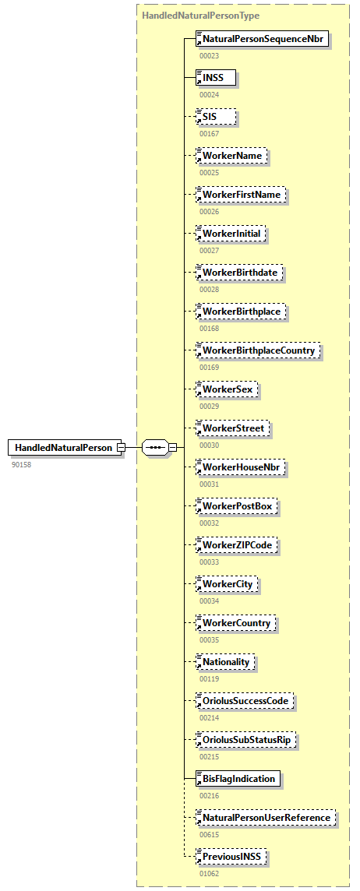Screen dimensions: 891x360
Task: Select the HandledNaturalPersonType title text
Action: [x=201, y=15]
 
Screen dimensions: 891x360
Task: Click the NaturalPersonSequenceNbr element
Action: [x=262, y=38]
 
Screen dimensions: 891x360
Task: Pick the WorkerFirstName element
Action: [x=241, y=194]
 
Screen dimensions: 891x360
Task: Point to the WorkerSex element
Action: [x=227, y=389]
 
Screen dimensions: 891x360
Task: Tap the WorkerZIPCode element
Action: [x=237, y=545]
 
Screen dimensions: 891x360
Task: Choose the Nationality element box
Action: [x=226, y=662]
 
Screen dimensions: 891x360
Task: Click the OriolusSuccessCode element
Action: [x=245, y=701]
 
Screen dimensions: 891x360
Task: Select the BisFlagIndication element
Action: [x=238, y=779]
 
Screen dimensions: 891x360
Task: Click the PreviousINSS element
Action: [x=232, y=857]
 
